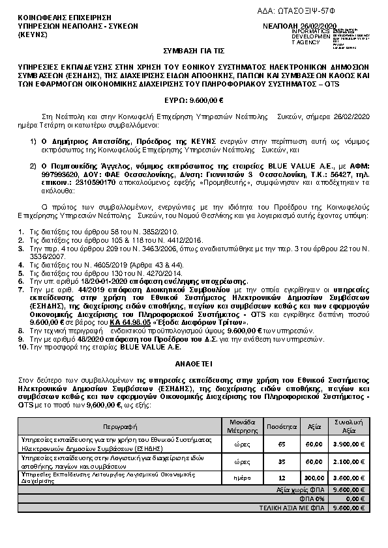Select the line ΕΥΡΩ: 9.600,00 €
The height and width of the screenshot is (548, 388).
tap(194, 100)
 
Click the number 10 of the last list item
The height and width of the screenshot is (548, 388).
tap(22, 347)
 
